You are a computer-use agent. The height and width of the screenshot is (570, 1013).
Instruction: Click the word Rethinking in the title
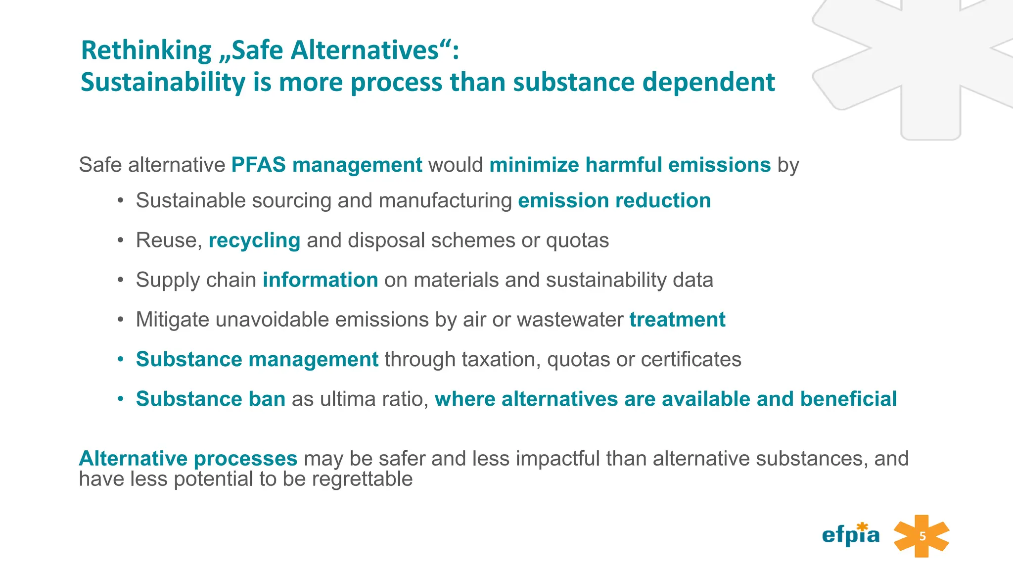(x=146, y=50)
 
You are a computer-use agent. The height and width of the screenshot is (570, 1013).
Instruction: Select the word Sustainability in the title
(x=163, y=82)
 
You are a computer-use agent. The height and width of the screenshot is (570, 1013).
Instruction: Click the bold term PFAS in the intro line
(x=258, y=165)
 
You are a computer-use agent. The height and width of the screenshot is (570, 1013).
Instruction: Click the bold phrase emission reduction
(x=614, y=201)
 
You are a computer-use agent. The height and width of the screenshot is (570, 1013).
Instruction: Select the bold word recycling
(x=254, y=241)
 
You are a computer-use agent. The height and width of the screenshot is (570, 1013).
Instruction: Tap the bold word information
(x=320, y=280)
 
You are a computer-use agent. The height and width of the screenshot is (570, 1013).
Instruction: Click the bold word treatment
(x=677, y=320)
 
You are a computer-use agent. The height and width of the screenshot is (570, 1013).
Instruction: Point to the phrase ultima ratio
(x=374, y=399)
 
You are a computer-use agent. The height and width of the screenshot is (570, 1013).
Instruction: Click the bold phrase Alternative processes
(x=188, y=459)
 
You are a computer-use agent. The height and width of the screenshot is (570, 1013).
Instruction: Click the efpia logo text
(x=850, y=535)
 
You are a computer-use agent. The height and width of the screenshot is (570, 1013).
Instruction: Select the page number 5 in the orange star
(x=922, y=536)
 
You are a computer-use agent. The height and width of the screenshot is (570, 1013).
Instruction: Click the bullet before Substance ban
(x=120, y=399)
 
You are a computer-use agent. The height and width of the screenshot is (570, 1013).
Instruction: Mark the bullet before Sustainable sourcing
(x=120, y=201)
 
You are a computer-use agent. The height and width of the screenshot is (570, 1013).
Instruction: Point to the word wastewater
(x=570, y=320)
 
